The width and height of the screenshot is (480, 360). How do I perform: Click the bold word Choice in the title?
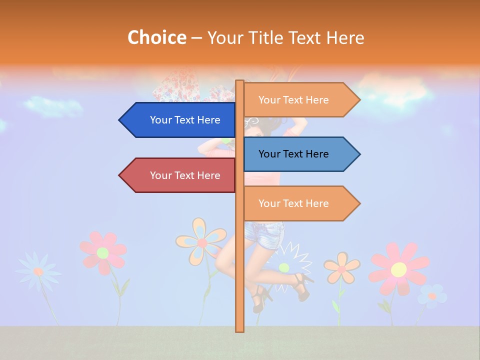pos(156,37)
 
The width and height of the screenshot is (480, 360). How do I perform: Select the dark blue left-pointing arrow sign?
pos(180,120)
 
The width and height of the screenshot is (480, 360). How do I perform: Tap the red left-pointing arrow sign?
pos(180,175)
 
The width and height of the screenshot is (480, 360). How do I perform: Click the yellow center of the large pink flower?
pos(398,269)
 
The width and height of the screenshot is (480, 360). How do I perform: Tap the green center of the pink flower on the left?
pos(102,252)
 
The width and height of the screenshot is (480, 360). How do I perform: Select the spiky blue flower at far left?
pos(38,271)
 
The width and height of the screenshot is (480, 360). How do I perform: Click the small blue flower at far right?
pos(432,296)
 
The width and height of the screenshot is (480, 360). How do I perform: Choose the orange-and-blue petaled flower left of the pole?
pos(201,242)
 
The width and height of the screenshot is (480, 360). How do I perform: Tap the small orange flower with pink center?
pos(341,268)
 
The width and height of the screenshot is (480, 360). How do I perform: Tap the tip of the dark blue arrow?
pos(120,120)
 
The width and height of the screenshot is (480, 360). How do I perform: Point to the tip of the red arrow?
pos(120,175)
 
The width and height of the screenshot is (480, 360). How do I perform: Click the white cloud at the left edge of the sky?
pos(52,106)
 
